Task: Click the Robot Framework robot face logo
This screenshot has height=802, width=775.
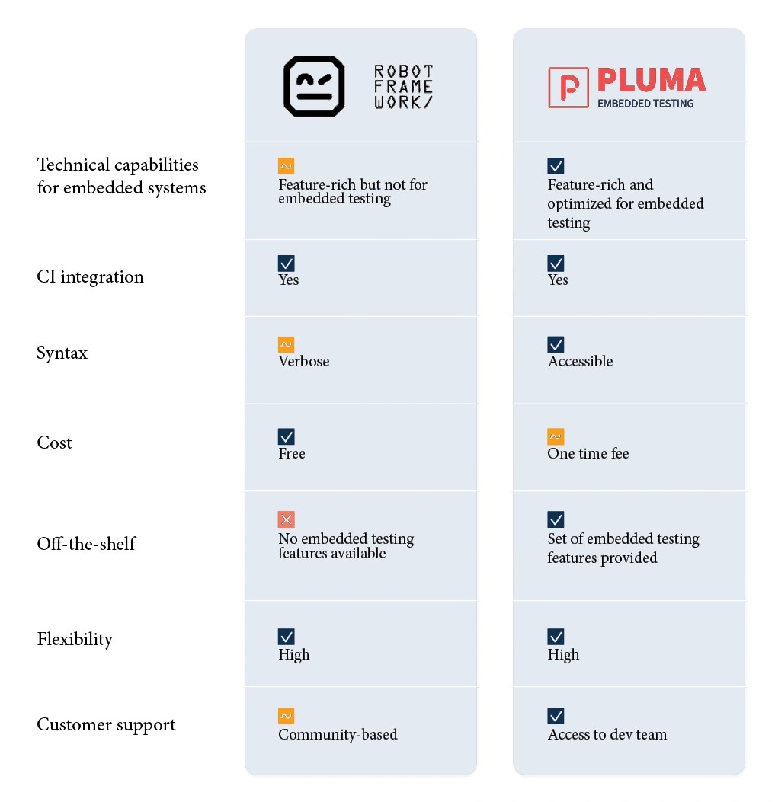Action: (314, 86)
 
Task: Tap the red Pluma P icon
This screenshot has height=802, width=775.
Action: (568, 87)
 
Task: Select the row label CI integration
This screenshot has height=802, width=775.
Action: (90, 277)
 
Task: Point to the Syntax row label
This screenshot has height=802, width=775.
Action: (62, 353)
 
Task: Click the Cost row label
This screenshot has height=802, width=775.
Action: (54, 443)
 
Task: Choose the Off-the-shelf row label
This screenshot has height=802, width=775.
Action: (86, 544)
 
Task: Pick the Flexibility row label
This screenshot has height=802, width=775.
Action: (75, 640)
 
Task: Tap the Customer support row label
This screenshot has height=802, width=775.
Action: (106, 725)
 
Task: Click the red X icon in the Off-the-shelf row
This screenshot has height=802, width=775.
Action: (287, 519)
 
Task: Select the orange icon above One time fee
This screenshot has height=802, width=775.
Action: (556, 436)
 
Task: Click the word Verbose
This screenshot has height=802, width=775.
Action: (303, 362)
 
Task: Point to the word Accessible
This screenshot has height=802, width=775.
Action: (580, 362)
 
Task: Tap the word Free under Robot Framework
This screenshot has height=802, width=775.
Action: (292, 454)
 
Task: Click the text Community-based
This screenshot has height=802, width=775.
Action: (338, 735)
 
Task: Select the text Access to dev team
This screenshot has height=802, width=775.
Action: (607, 735)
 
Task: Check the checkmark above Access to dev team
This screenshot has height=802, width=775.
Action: (556, 716)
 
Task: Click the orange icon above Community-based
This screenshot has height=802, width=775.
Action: (287, 716)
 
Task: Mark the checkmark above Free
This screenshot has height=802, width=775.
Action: (287, 436)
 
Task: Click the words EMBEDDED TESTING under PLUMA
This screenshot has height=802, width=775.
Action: (645, 104)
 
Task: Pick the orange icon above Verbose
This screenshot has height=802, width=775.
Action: (287, 344)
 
